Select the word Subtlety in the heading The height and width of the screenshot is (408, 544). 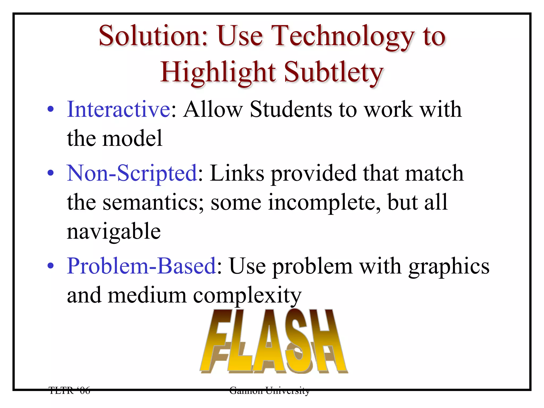tap(334, 72)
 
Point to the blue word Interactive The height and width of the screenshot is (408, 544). tap(118, 109)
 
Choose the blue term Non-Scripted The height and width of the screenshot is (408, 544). tap(132, 173)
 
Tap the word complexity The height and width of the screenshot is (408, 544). tap(247, 296)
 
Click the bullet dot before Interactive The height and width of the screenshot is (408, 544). tap(50, 109)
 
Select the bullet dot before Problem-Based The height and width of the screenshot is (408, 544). tap(50, 266)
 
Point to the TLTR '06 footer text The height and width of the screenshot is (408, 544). tap(70, 390)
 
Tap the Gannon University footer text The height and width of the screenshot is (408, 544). tap(269, 390)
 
